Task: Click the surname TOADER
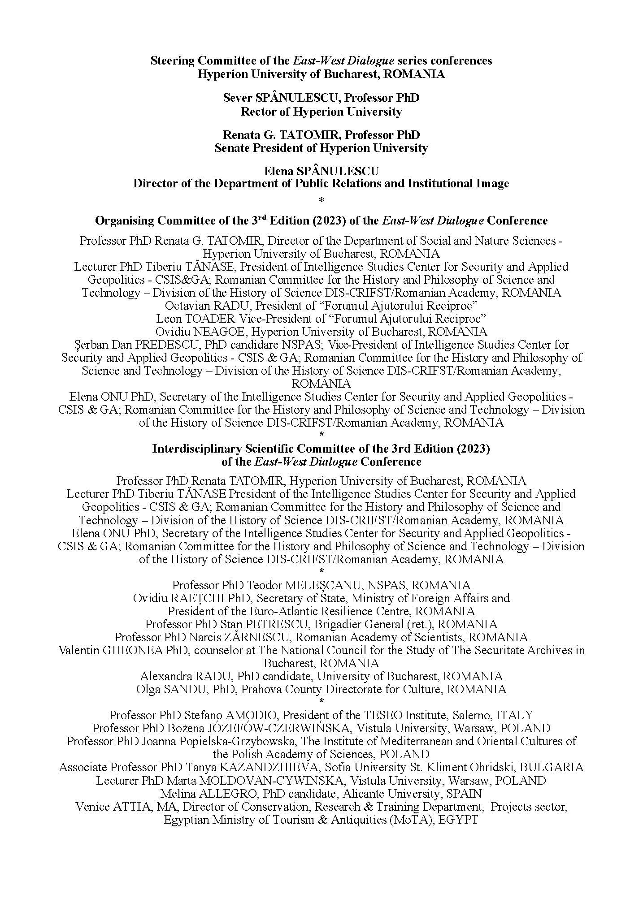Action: click(x=210, y=319)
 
